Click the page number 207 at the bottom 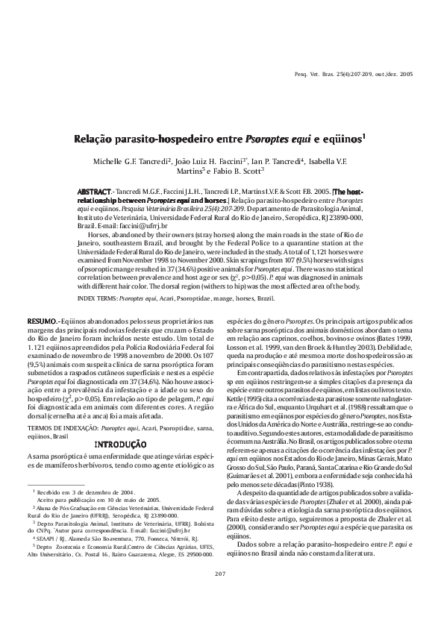pos(219,594)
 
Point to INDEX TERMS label pos(102,298)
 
